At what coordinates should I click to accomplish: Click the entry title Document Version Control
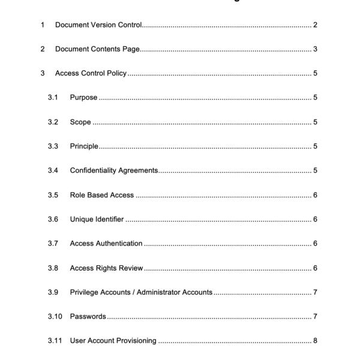(98, 25)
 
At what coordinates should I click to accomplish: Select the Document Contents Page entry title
(98, 49)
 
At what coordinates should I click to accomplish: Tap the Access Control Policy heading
(91, 74)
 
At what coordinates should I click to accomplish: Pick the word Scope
(80, 122)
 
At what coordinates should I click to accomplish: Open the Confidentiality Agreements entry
(114, 170)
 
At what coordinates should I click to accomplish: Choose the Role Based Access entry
(102, 195)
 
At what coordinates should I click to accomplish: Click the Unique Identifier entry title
(97, 220)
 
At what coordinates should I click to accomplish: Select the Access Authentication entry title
(106, 244)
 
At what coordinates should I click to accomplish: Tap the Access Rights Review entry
(106, 268)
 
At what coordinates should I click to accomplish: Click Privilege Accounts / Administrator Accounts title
(141, 292)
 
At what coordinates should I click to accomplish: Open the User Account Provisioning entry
(113, 341)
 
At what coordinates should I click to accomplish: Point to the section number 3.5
(53, 195)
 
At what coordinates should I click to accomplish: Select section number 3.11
(55, 341)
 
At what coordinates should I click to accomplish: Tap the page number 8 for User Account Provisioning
(315, 341)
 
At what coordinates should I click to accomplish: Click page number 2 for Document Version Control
(315, 25)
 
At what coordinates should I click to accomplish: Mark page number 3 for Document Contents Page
(315, 49)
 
